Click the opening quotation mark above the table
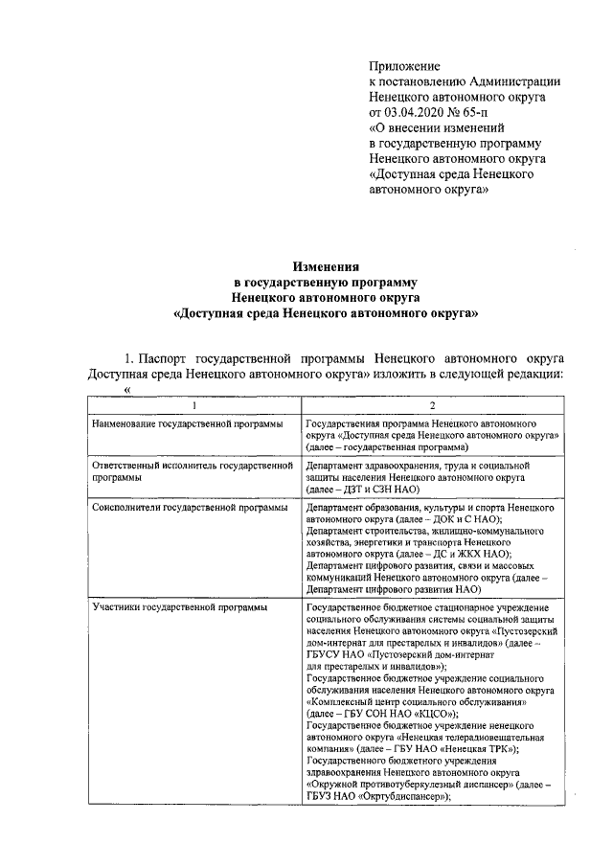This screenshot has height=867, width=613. pyautogui.click(x=125, y=390)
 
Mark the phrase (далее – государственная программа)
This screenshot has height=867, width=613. pyautogui.click(x=386, y=446)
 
